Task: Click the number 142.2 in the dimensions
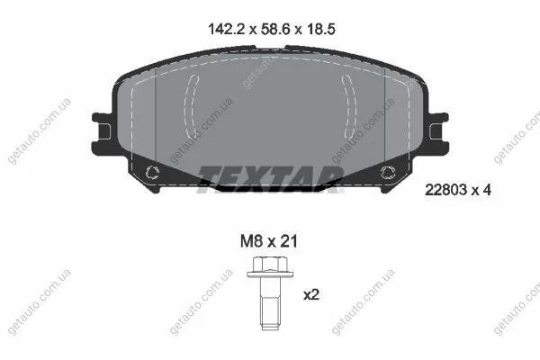pyautogui.click(x=226, y=30)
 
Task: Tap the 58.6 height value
pyautogui.click(x=274, y=30)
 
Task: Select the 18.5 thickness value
pyautogui.click(x=320, y=30)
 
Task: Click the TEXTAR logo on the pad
pyautogui.click(x=270, y=179)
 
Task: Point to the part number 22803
pyautogui.click(x=445, y=190)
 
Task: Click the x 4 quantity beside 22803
pyautogui.click(x=481, y=190)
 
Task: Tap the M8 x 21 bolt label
pyautogui.click(x=268, y=241)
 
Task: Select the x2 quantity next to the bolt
pyautogui.click(x=311, y=295)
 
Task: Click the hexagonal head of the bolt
pyautogui.click(x=270, y=265)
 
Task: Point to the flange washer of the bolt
pyautogui.click(x=270, y=274)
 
